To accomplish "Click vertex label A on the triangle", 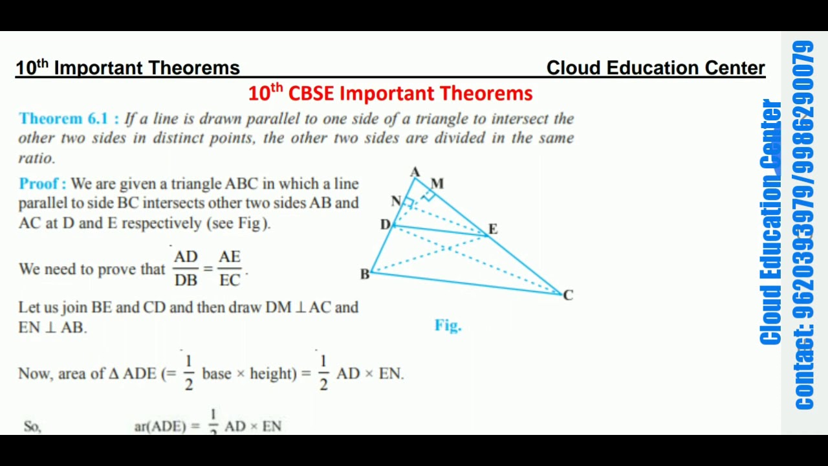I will point(415,172).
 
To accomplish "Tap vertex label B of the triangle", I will point(364,274).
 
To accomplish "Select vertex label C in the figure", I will point(568,295).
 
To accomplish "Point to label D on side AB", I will point(385,225).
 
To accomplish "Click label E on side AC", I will point(493,229).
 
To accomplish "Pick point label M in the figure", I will point(437,184).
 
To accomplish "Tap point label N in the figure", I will point(396,201).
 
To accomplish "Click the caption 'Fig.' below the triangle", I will point(448,325).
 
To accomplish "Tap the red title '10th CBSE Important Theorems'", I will point(390,93).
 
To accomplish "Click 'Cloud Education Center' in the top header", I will point(655,68).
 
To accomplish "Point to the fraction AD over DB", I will point(186,269).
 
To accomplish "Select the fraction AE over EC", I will point(230,269).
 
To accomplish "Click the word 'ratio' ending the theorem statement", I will point(36,158).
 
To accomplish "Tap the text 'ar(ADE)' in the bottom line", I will point(158,426).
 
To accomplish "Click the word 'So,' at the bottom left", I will point(32,426).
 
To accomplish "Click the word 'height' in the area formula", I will point(272,373).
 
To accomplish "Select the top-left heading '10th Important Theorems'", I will point(127,68).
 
